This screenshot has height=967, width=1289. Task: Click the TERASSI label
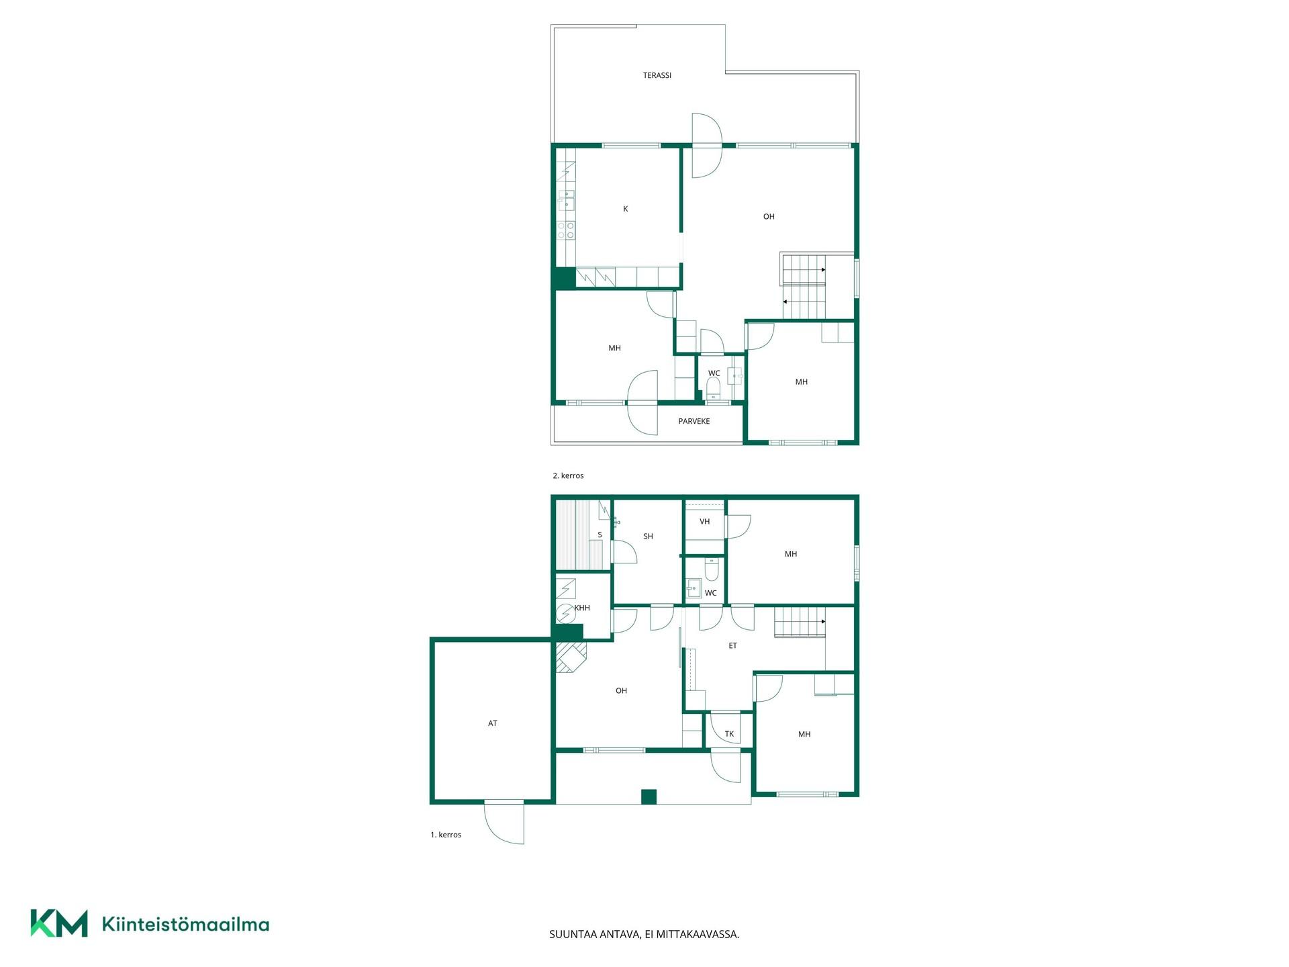(657, 75)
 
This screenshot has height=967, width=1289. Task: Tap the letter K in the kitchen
(625, 209)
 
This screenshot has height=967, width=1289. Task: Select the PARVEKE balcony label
(694, 421)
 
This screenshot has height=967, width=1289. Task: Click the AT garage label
(493, 723)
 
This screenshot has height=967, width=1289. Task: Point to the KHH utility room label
(582, 608)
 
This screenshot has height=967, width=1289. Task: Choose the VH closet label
(704, 521)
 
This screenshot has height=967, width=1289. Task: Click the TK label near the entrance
(729, 734)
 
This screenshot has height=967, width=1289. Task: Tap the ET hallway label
(732, 645)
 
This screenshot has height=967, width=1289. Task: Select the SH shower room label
(648, 536)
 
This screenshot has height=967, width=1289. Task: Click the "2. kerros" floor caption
(568, 475)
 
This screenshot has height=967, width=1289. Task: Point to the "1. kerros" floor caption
(446, 835)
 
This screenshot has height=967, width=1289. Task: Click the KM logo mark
(59, 923)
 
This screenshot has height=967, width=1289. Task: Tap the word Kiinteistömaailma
(185, 924)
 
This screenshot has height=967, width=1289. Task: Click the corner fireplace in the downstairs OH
(571, 657)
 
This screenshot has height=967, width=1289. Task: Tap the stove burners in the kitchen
(565, 230)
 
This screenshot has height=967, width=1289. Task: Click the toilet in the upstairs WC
(713, 387)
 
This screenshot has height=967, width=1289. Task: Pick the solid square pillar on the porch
(649, 796)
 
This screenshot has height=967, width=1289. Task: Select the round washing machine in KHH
(566, 613)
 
